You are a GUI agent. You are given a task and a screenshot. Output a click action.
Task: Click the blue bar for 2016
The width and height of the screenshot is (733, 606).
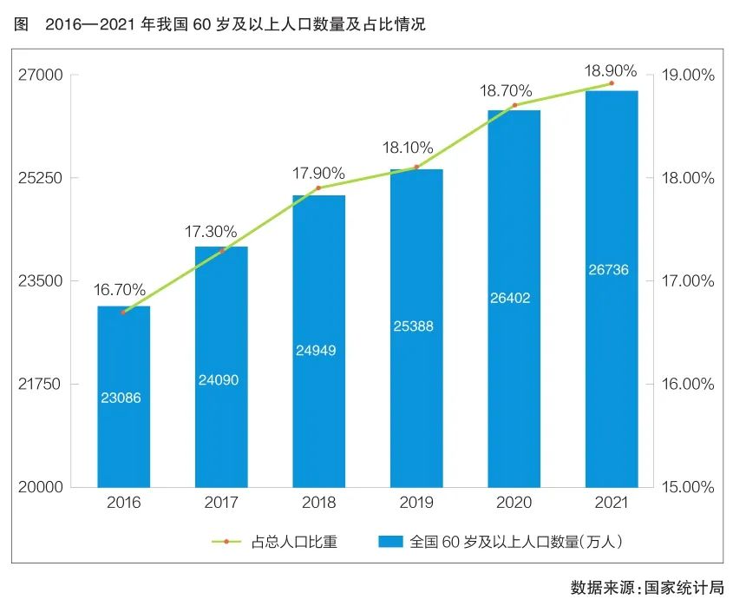click(x=123, y=395)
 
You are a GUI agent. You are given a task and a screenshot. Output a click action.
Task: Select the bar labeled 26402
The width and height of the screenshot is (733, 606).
click(x=514, y=298)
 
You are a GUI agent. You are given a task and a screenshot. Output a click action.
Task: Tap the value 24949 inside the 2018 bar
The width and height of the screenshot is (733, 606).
click(x=318, y=351)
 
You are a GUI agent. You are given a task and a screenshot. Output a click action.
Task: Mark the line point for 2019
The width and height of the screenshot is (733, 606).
click(x=416, y=167)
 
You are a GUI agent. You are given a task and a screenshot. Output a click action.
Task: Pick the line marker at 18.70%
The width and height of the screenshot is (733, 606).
click(x=514, y=105)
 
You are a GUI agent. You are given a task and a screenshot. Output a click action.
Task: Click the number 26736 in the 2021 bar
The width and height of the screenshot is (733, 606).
click(x=611, y=270)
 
